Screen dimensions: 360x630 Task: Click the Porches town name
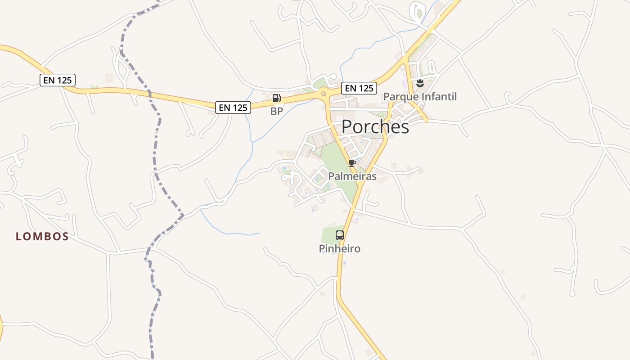(x=375, y=127)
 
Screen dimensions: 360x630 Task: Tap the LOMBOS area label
(x=42, y=236)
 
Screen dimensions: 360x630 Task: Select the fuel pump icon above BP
(x=276, y=98)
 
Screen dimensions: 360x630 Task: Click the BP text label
(x=276, y=111)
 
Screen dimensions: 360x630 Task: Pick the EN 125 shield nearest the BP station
(x=233, y=107)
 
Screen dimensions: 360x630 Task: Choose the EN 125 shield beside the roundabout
(x=359, y=88)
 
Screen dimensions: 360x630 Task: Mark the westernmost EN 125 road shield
(x=58, y=80)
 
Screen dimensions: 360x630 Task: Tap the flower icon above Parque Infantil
(x=420, y=83)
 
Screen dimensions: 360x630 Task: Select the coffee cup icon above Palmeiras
(x=352, y=162)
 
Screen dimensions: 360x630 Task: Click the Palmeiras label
(x=352, y=176)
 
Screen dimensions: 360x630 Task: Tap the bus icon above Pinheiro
(x=340, y=235)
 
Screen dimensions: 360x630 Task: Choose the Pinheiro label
(x=340, y=248)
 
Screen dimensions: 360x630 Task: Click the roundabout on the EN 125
(x=323, y=94)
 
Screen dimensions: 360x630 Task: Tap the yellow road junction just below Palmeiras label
(x=360, y=183)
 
